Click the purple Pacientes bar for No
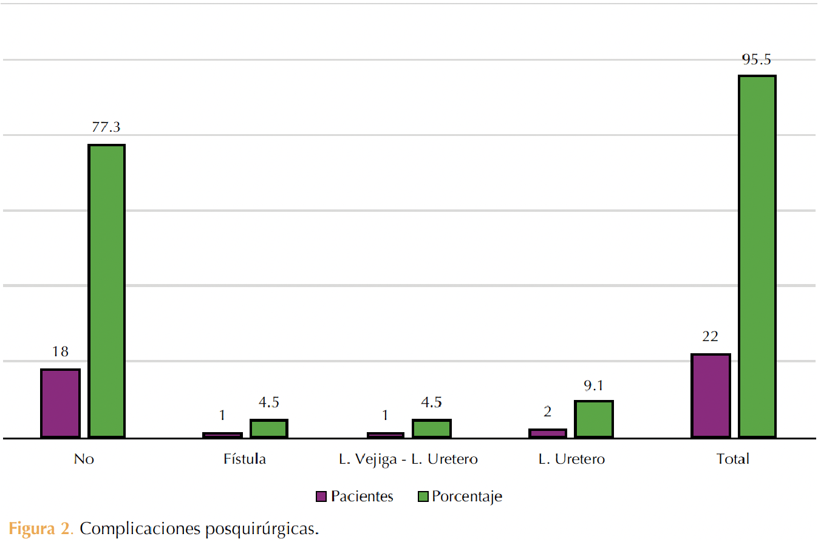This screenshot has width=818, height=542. point(60,403)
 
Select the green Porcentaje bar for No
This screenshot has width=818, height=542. point(107,291)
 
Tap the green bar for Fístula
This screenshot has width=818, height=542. point(269,428)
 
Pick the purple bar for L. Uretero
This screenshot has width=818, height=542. point(547,433)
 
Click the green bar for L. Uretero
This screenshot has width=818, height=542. point(594,419)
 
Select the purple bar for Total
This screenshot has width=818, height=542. point(711,395)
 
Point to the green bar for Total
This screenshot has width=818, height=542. point(757,256)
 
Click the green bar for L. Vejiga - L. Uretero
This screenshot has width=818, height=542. point(432,428)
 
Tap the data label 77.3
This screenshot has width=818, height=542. point(106,127)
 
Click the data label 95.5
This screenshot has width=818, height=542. point(756,59)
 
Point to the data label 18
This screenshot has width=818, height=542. point(60,351)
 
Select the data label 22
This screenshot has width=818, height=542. point(711,336)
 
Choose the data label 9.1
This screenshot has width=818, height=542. point(593,385)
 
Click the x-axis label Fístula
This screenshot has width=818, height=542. point(245,459)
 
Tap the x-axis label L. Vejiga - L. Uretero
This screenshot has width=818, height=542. point(408,459)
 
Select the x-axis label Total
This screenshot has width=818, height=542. point(733,459)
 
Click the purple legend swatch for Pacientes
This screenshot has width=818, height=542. point(321,496)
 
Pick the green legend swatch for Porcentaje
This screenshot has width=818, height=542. point(423,496)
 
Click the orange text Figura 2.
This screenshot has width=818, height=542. point(41,529)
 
